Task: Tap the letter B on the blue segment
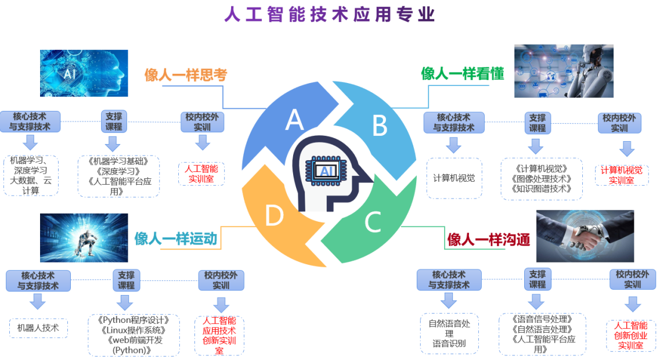tap(379, 125)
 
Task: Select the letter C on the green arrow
tap(372, 221)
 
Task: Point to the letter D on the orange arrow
tap(274, 216)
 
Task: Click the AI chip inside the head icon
tap(327, 171)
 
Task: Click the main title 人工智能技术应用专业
tap(330, 15)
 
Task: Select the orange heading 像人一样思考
tap(185, 75)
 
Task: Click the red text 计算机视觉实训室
tap(621, 175)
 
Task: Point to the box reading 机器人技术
tap(38, 327)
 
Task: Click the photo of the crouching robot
tap(75, 237)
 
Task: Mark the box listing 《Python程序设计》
tap(134, 335)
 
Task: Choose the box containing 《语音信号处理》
tap(542, 334)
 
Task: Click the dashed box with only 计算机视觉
tap(453, 178)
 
